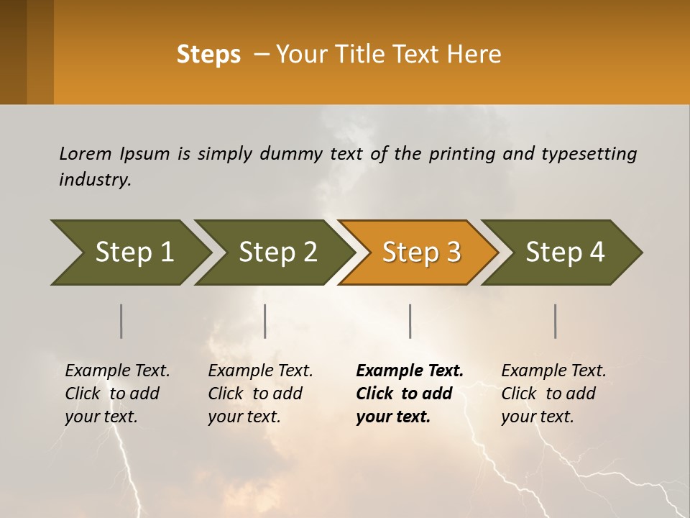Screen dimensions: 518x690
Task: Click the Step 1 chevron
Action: point(133,253)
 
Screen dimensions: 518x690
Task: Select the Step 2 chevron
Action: point(277,253)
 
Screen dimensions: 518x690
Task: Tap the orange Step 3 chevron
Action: point(420,253)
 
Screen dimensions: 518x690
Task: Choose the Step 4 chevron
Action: point(564,253)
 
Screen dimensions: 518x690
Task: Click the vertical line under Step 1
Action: point(121,321)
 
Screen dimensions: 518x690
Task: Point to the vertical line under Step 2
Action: point(265,321)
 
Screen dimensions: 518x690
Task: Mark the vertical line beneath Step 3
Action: point(410,321)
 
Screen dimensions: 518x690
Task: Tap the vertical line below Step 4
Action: point(556,321)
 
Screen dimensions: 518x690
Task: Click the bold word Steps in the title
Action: point(208,55)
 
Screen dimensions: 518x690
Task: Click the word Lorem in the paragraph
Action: point(85,153)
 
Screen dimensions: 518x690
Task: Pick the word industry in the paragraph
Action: point(94,179)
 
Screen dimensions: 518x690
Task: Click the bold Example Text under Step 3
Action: point(410,371)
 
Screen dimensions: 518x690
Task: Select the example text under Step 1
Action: point(117,394)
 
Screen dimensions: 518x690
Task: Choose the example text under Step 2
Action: point(260,394)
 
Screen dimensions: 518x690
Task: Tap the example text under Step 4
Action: point(553,394)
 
